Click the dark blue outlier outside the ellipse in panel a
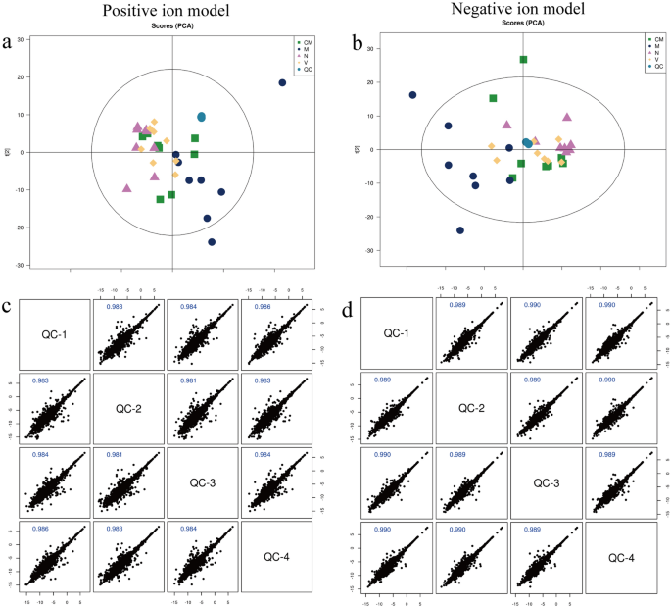point(282,83)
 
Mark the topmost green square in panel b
point(523,60)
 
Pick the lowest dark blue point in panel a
point(212,241)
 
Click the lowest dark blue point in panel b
point(460,230)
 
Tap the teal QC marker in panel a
point(201,117)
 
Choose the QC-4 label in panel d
point(623,557)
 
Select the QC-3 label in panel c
point(202,483)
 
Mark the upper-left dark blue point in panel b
point(412,95)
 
